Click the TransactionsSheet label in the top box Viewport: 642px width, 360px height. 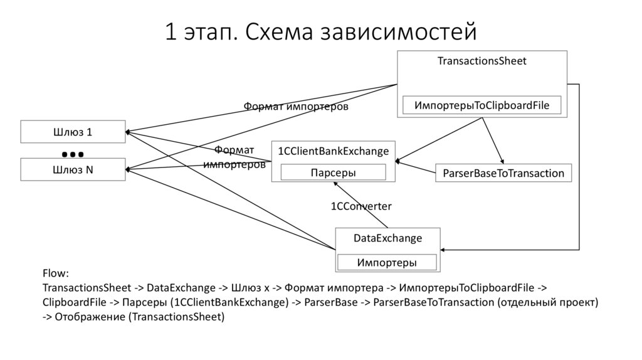481,61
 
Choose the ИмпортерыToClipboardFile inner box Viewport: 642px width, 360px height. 481,105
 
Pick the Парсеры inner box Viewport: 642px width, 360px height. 334,172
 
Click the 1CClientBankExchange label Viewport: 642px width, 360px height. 334,151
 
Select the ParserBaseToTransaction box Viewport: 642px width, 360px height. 503,173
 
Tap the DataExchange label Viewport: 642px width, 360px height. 387,238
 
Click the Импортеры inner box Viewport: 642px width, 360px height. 387,262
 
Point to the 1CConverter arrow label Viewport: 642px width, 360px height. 361,206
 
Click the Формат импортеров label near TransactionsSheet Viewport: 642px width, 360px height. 295,107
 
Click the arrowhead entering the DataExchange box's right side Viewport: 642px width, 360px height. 444,250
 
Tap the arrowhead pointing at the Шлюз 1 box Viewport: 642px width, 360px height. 127,132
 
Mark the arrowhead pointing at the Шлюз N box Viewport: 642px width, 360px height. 128,169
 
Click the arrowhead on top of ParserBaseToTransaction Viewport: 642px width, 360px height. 502,162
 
